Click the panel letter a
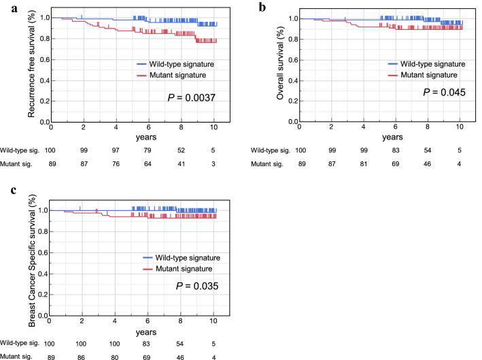(6, 7)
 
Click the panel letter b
(260, 7)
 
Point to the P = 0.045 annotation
(445, 92)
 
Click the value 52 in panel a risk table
(182, 149)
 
